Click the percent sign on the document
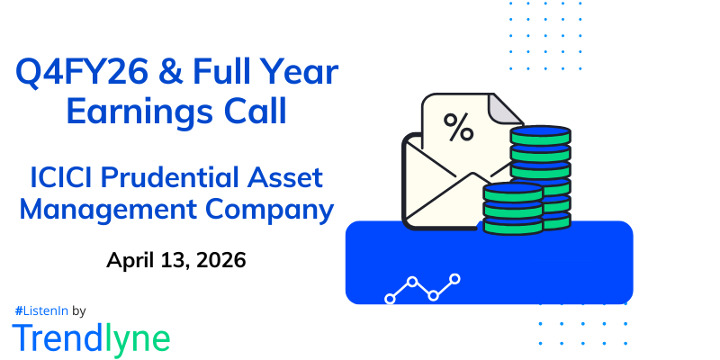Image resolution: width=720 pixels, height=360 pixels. tap(459, 130)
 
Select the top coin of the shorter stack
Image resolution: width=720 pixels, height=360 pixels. tap(512, 189)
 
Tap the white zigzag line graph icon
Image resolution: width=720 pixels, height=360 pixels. tap(422, 287)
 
